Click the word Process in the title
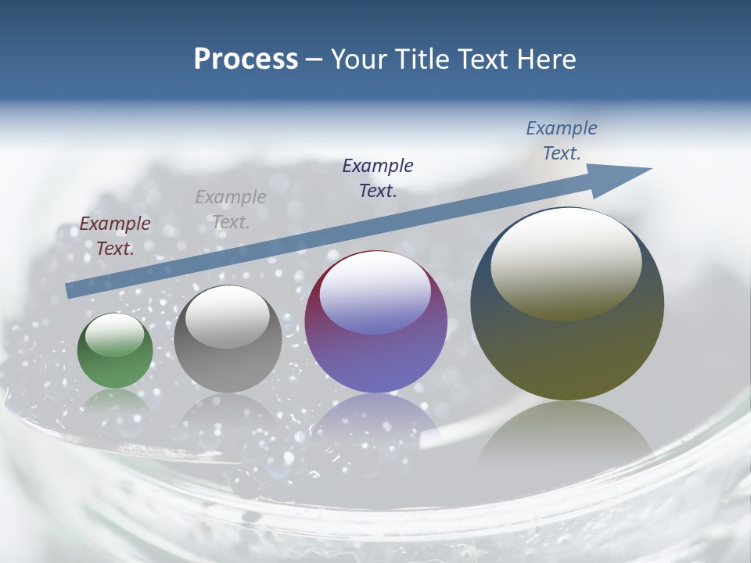[x=246, y=59]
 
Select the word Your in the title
[x=361, y=59]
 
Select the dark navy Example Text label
[x=378, y=178]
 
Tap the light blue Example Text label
[x=562, y=141]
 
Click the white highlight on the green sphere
[x=114, y=335]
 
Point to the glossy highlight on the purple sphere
[x=375, y=293]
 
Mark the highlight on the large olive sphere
[x=566, y=264]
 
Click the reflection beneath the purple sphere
[x=375, y=422]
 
